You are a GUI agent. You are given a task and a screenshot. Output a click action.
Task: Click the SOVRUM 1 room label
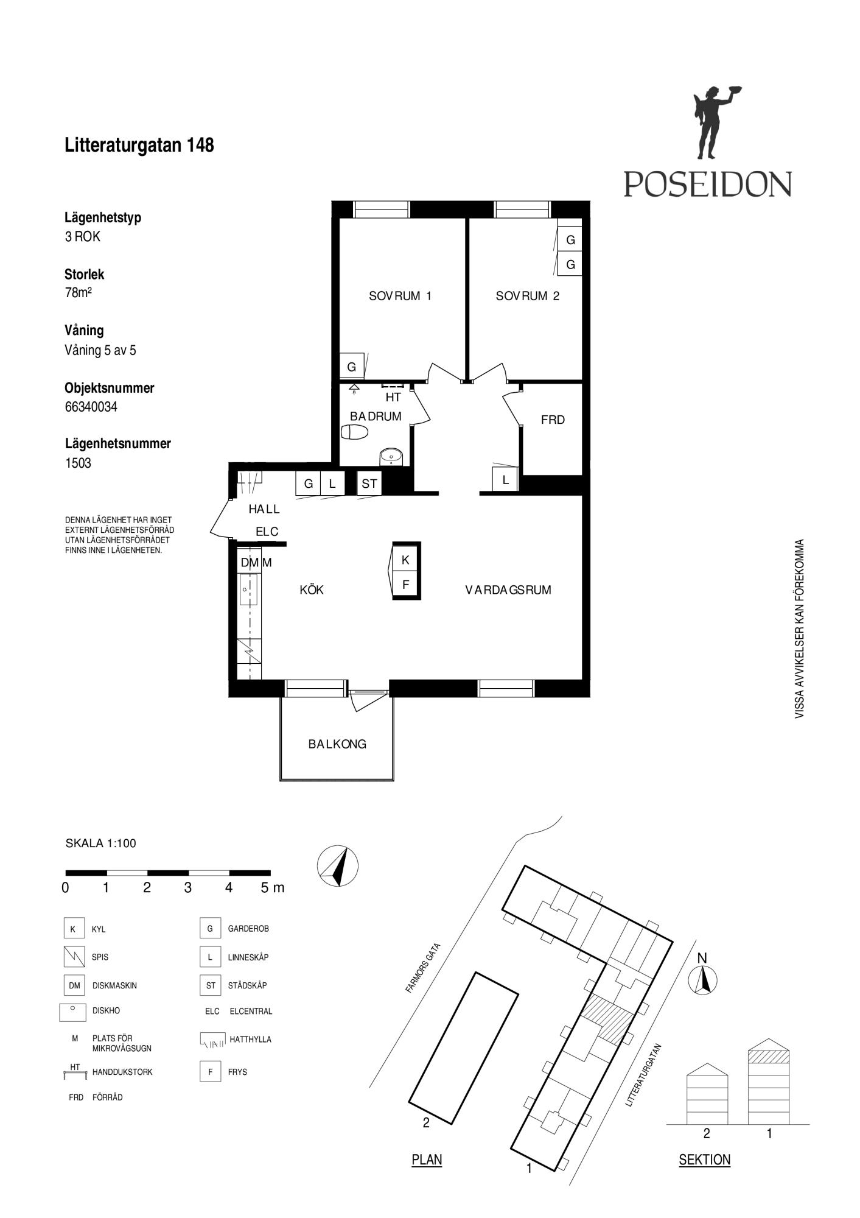[400, 296]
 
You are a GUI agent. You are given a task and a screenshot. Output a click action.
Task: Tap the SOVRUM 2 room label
[527, 296]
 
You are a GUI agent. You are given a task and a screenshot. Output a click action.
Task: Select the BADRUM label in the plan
[376, 417]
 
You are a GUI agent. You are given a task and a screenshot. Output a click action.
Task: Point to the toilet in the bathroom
[355, 432]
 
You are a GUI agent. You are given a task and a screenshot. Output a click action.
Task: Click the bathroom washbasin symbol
[391, 456]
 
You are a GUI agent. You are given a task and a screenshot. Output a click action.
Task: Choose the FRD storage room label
[553, 420]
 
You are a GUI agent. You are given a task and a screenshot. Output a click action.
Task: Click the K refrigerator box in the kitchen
[405, 560]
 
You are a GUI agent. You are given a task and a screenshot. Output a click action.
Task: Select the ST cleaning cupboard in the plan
[369, 484]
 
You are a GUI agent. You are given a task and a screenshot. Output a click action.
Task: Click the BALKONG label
[337, 744]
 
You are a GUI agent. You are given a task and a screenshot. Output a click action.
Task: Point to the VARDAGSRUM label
[508, 590]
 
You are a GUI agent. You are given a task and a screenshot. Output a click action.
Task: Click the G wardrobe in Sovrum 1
[351, 367]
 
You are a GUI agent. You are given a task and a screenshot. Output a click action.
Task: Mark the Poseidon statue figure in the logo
[712, 123]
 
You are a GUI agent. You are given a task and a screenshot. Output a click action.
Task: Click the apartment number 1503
[78, 463]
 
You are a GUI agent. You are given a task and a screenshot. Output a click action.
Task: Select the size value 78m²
[78, 292]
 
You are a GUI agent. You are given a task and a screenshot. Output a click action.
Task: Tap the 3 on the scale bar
[187, 888]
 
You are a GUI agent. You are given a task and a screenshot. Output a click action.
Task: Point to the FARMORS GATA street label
[422, 968]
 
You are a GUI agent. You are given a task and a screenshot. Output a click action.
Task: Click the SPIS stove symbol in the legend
[74, 957]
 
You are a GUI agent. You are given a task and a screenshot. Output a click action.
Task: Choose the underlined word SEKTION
[704, 1160]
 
